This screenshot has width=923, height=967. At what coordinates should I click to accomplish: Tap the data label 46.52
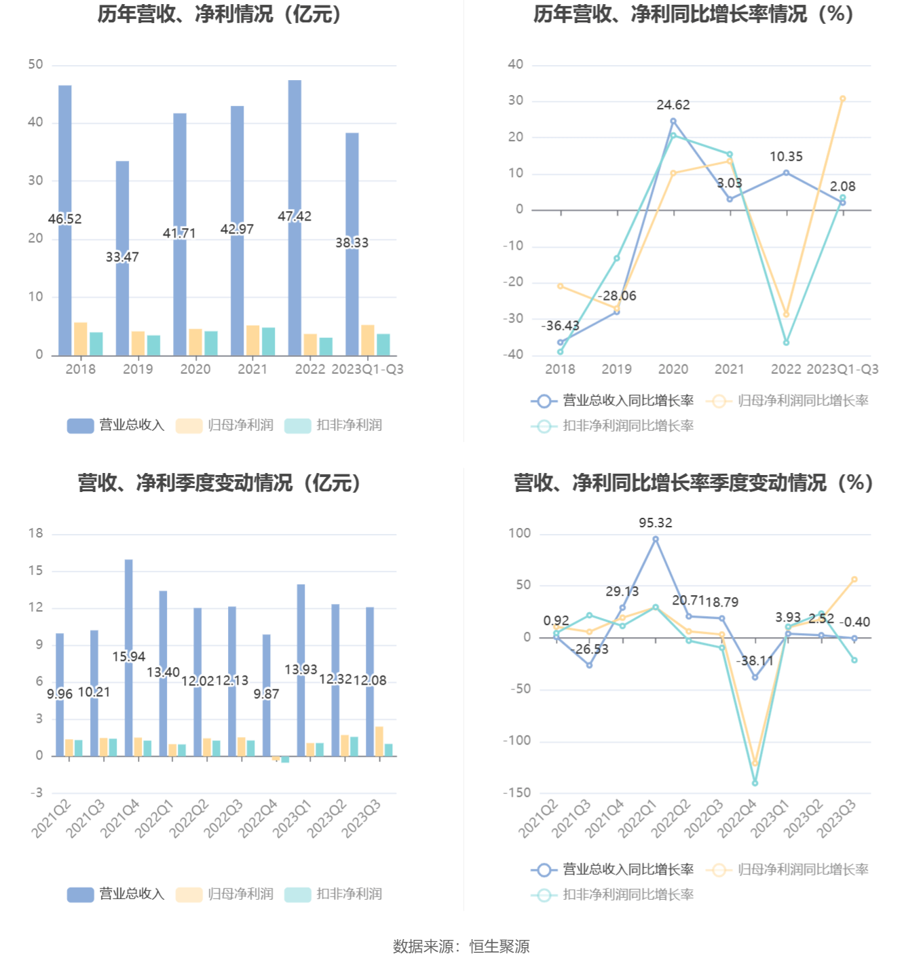pos(64,219)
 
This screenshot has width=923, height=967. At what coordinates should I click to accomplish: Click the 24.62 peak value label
pos(673,105)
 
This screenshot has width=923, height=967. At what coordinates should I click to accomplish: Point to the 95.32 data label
pos(656,523)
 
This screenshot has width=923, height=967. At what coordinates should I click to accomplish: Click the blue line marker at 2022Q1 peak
pos(656,539)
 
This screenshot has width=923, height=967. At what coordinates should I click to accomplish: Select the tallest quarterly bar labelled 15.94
pos(129,611)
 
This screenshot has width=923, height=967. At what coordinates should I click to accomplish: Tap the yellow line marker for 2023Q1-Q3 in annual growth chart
pos(843,99)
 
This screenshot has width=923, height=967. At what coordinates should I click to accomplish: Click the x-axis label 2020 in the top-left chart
pos(195,369)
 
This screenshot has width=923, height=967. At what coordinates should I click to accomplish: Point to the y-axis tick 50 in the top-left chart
pos(35,64)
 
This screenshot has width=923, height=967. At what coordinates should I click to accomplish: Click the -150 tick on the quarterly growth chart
pos(517,793)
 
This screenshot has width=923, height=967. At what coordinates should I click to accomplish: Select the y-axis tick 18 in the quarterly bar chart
pos(35,533)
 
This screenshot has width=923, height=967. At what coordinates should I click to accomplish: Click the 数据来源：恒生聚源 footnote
pos(461,947)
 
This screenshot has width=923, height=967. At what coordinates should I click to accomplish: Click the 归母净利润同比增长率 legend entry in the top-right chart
pos(789,401)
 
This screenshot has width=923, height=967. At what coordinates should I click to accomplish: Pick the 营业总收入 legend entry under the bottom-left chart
pos(117,894)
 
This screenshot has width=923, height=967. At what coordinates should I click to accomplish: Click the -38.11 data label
pos(755,661)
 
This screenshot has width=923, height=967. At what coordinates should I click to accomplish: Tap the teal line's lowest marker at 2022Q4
pos(755,783)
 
